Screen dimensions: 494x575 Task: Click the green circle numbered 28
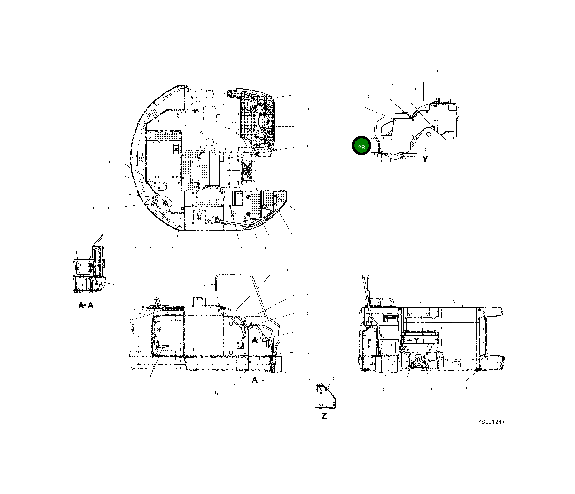coord(361,147)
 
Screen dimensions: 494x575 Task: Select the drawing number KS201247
coord(491,422)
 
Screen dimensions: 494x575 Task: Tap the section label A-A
coord(85,306)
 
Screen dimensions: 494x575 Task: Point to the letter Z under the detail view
coord(324,416)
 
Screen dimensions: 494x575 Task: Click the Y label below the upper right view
coord(425,160)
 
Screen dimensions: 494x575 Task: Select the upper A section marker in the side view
coord(255,340)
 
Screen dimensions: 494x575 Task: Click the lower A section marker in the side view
coord(255,380)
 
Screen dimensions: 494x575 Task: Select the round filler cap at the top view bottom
coord(216,219)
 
